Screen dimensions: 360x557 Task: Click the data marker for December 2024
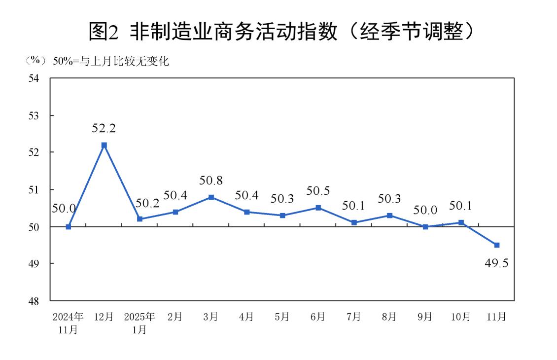[104, 145]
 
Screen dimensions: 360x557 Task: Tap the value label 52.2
[104, 128]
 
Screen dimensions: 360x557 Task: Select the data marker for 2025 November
[497, 245]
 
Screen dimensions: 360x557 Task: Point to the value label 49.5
[496, 262]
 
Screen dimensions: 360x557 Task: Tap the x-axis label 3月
[211, 317]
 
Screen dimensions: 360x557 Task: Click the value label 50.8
[211, 180]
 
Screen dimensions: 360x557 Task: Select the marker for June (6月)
[318, 208]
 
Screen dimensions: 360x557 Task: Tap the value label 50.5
[318, 191]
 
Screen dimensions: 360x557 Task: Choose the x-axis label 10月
[461, 317]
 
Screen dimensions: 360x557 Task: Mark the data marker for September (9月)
[425, 227]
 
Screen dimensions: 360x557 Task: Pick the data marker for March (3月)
[211, 197]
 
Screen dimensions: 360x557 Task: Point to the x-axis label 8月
[389, 317]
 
